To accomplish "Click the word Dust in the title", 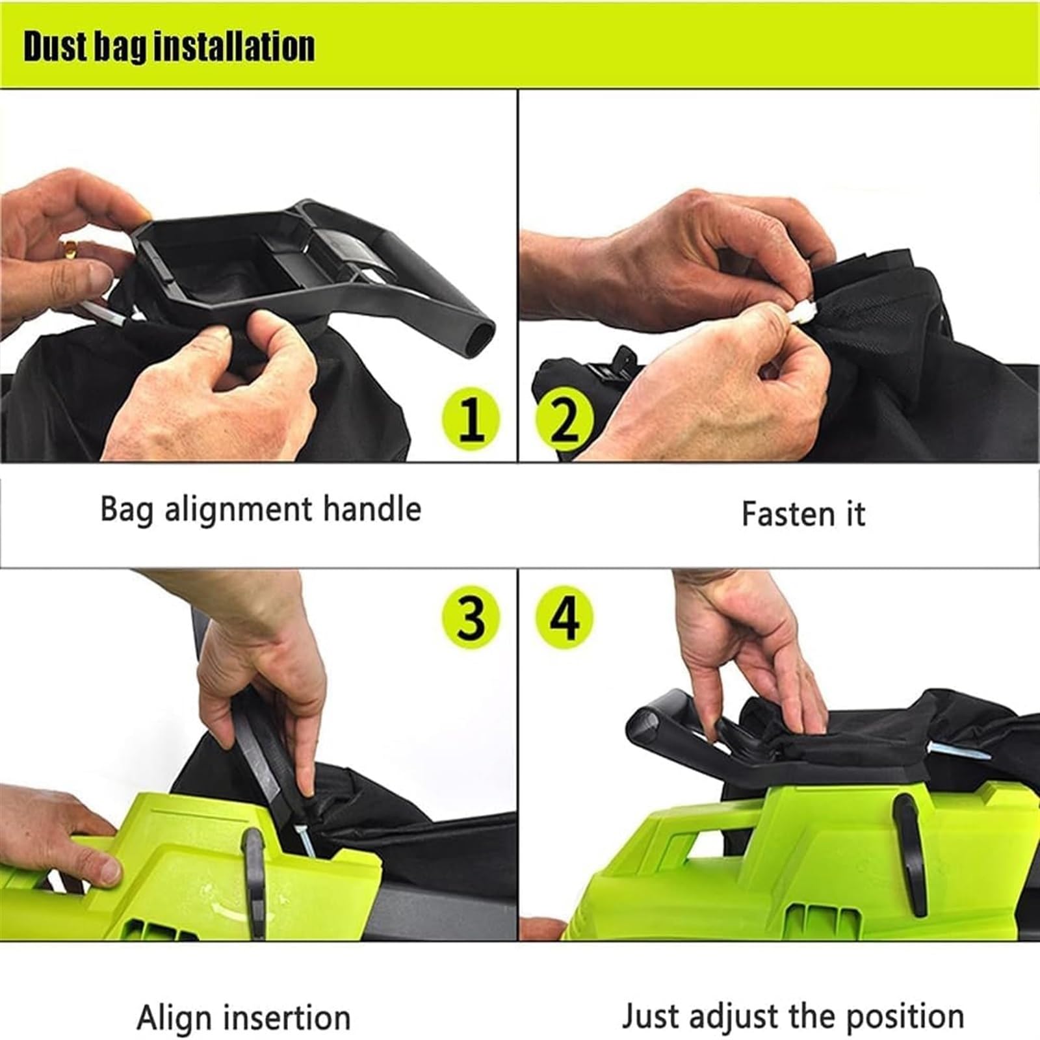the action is coord(55,46).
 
